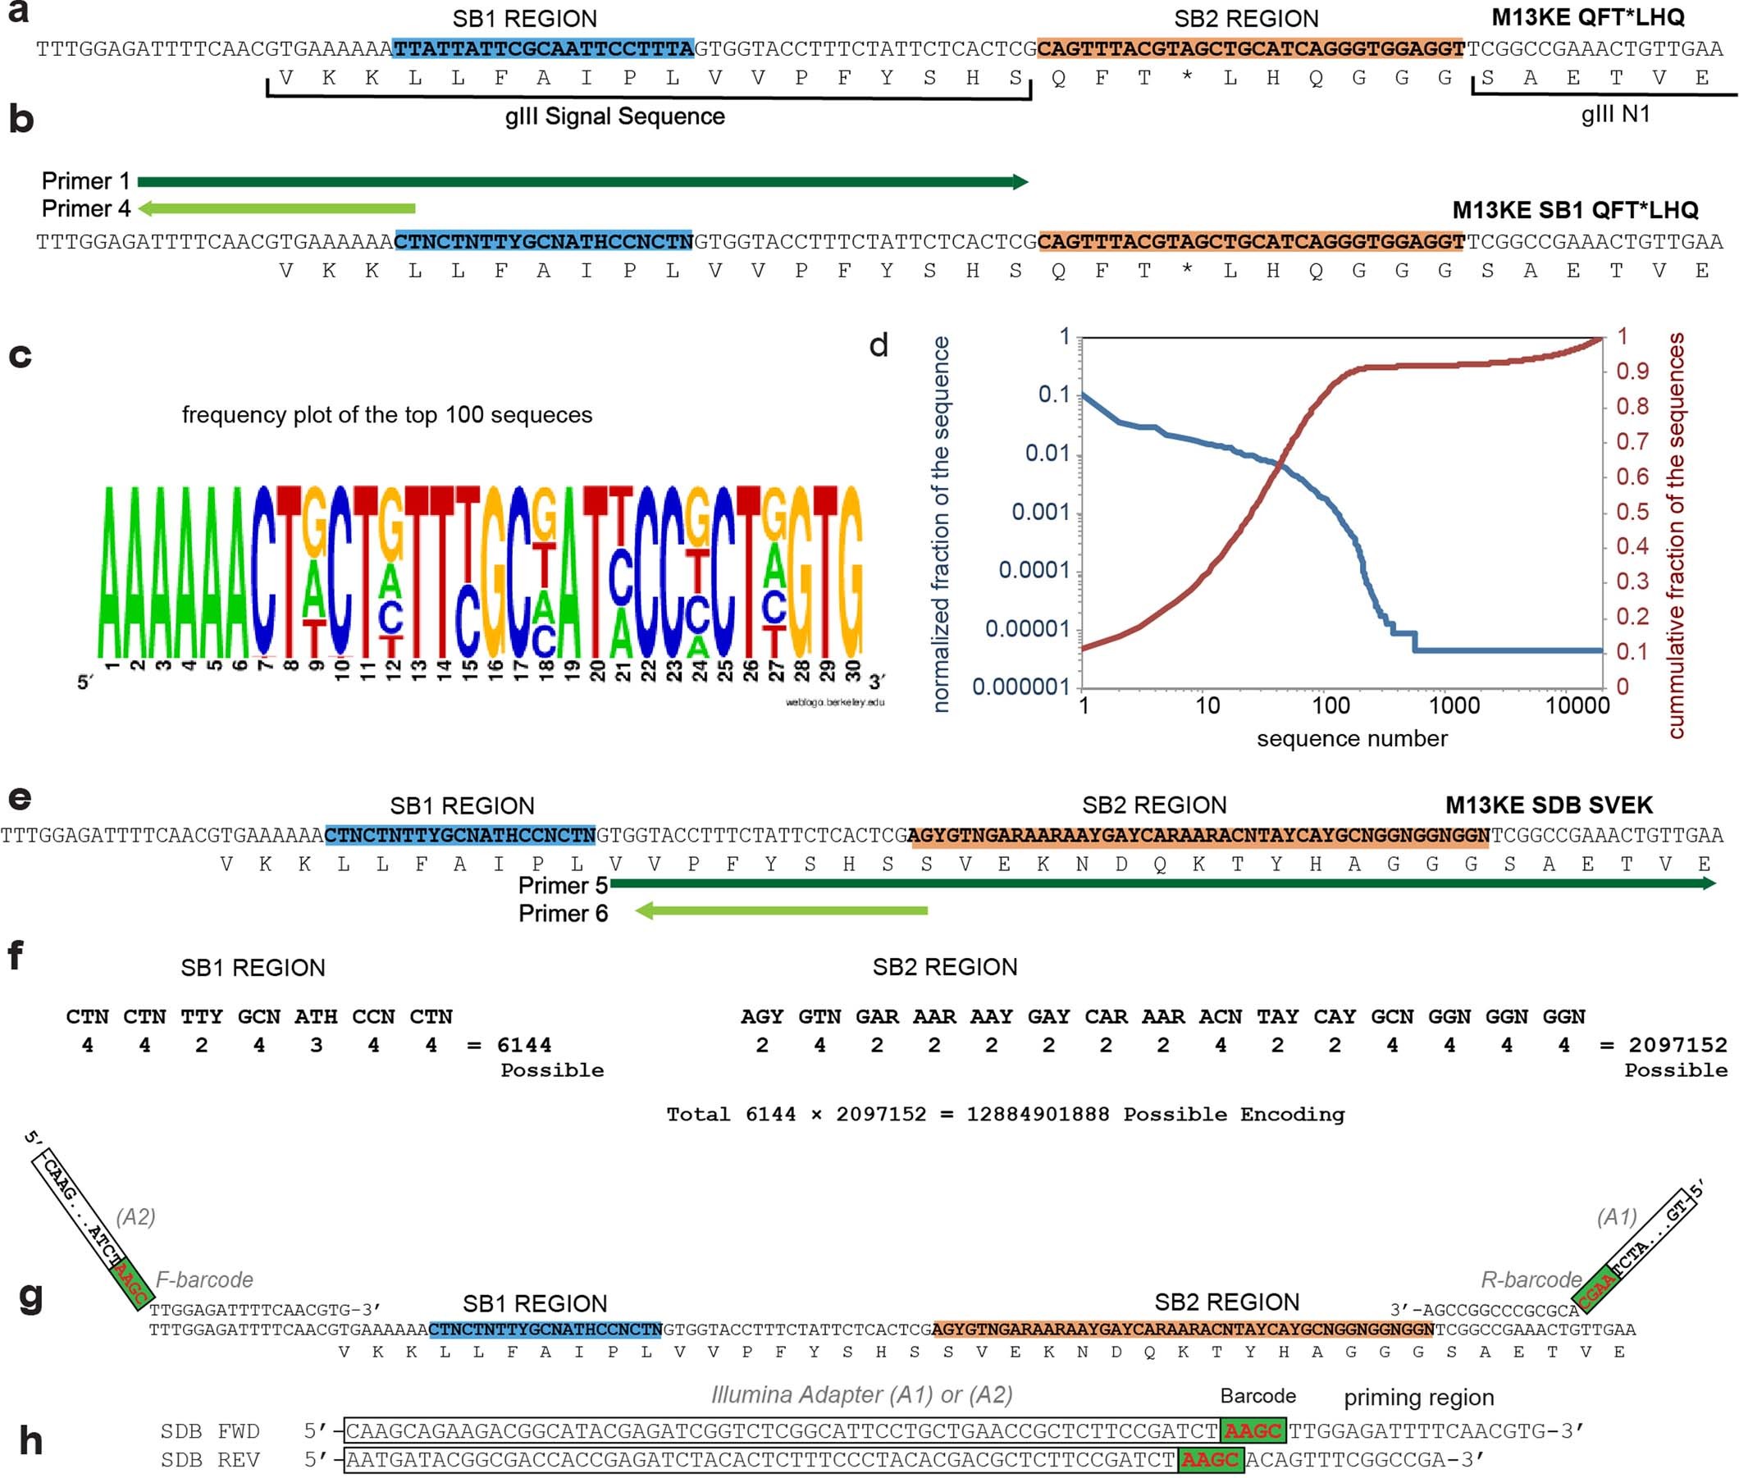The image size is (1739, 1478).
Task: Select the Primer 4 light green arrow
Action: (x=276, y=208)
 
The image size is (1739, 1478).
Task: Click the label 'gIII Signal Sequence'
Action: (x=614, y=116)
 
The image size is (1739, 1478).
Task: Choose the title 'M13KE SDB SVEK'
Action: (x=1549, y=805)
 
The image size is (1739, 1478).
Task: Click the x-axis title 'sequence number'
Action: (x=1352, y=739)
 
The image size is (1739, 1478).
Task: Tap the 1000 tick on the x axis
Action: (x=1454, y=705)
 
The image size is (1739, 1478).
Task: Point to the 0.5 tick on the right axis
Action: (x=1632, y=511)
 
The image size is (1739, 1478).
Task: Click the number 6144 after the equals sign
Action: (x=524, y=1045)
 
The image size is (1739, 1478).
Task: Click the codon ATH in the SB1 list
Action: (x=316, y=1016)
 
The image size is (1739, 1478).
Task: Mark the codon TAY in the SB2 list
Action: (x=1277, y=1016)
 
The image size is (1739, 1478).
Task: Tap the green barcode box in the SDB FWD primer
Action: (x=1253, y=1431)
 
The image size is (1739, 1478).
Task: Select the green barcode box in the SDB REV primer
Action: (x=1210, y=1460)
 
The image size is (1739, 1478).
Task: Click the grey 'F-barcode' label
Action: (x=204, y=1280)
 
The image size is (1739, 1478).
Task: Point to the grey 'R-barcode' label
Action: (x=1531, y=1280)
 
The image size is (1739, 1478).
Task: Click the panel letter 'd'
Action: (x=879, y=345)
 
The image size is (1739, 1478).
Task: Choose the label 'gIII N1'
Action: (x=1615, y=115)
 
